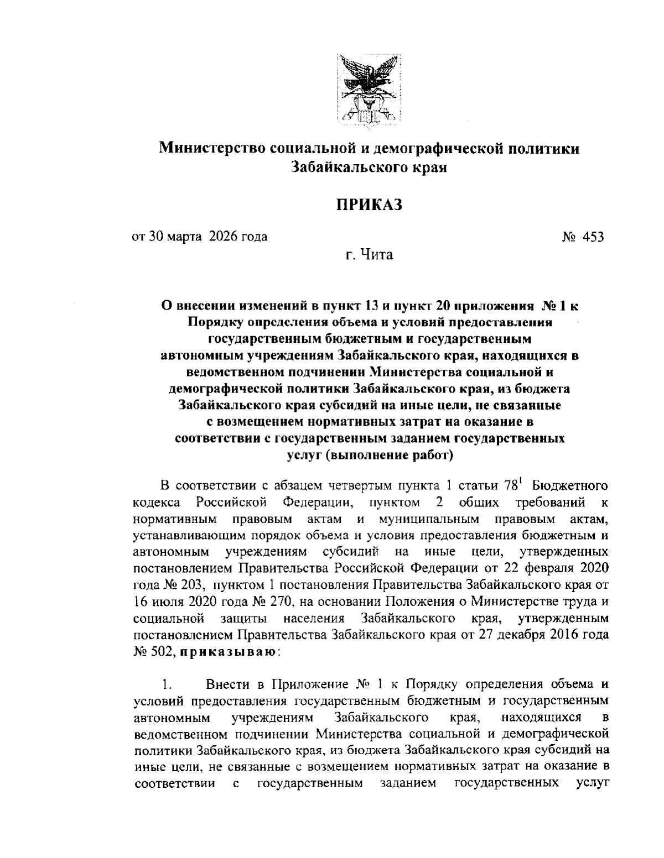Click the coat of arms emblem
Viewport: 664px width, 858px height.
pyautogui.click(x=369, y=88)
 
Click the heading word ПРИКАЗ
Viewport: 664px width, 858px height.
pyautogui.click(x=369, y=205)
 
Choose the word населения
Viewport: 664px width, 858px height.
pyautogui.click(x=314, y=618)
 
